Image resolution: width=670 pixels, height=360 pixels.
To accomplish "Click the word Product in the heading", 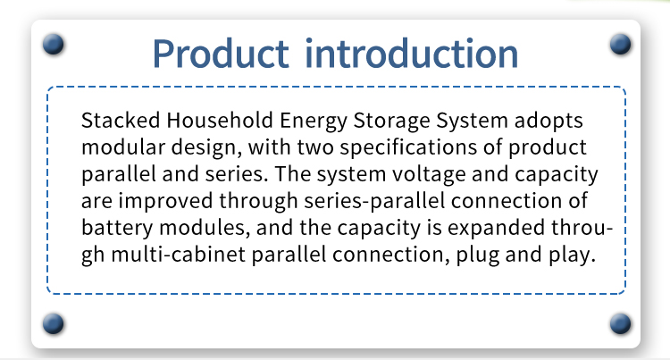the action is click(221, 54).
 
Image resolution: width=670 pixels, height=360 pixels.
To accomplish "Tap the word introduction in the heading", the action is click(412, 54).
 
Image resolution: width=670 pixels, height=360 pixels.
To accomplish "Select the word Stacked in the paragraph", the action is click(121, 120).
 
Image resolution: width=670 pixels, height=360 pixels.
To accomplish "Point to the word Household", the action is click(220, 120).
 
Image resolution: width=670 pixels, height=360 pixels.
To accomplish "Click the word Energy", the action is click(314, 121).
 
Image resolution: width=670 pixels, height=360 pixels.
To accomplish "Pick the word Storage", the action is click(391, 121).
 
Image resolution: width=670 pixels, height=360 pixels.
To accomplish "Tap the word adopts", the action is click(549, 121).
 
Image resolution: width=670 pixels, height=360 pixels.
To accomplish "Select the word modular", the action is click(123, 147).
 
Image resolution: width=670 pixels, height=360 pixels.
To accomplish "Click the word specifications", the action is click(408, 148).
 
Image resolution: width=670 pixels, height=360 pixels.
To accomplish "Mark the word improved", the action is click(165, 202).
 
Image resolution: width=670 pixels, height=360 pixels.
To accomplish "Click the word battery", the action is click(117, 229).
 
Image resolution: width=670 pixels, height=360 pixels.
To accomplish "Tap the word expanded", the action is click(496, 229).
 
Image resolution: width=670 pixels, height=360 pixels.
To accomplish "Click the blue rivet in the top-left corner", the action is click(54, 44).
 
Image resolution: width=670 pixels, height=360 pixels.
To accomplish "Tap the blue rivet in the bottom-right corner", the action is click(621, 323).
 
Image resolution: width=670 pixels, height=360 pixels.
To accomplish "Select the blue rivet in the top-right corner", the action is click(621, 44).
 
